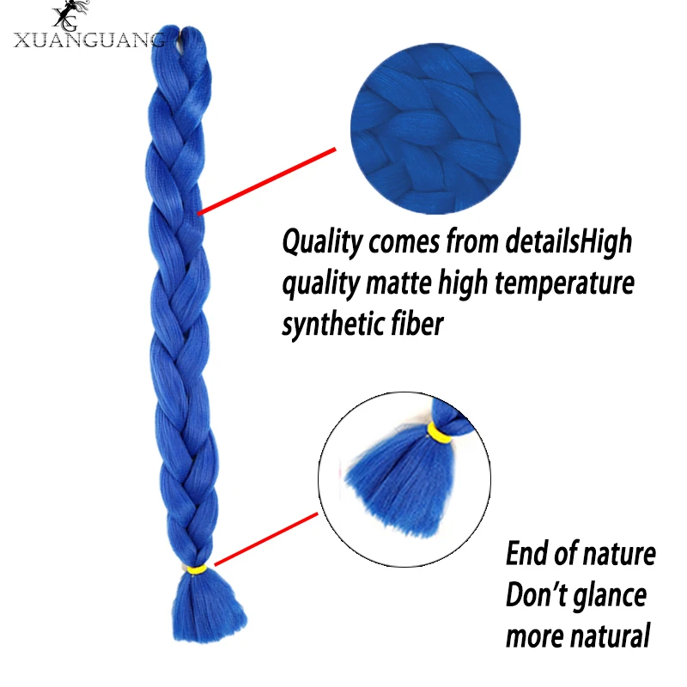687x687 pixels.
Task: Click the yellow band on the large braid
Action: (x=197, y=569)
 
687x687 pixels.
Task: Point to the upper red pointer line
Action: (x=266, y=180)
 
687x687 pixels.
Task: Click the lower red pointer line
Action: (x=265, y=539)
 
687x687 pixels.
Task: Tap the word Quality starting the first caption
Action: (x=322, y=242)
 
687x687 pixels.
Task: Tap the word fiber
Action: (x=416, y=323)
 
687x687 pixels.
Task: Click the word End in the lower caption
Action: (x=526, y=554)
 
